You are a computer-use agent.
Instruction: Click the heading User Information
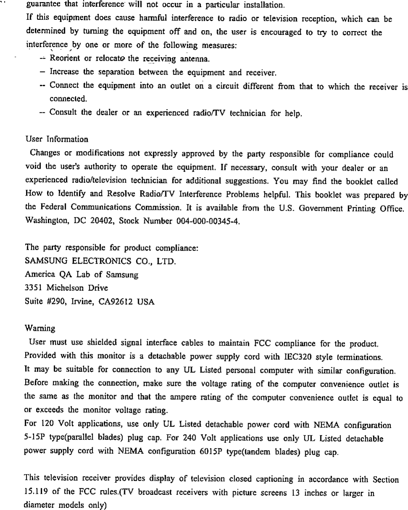click(57, 139)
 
